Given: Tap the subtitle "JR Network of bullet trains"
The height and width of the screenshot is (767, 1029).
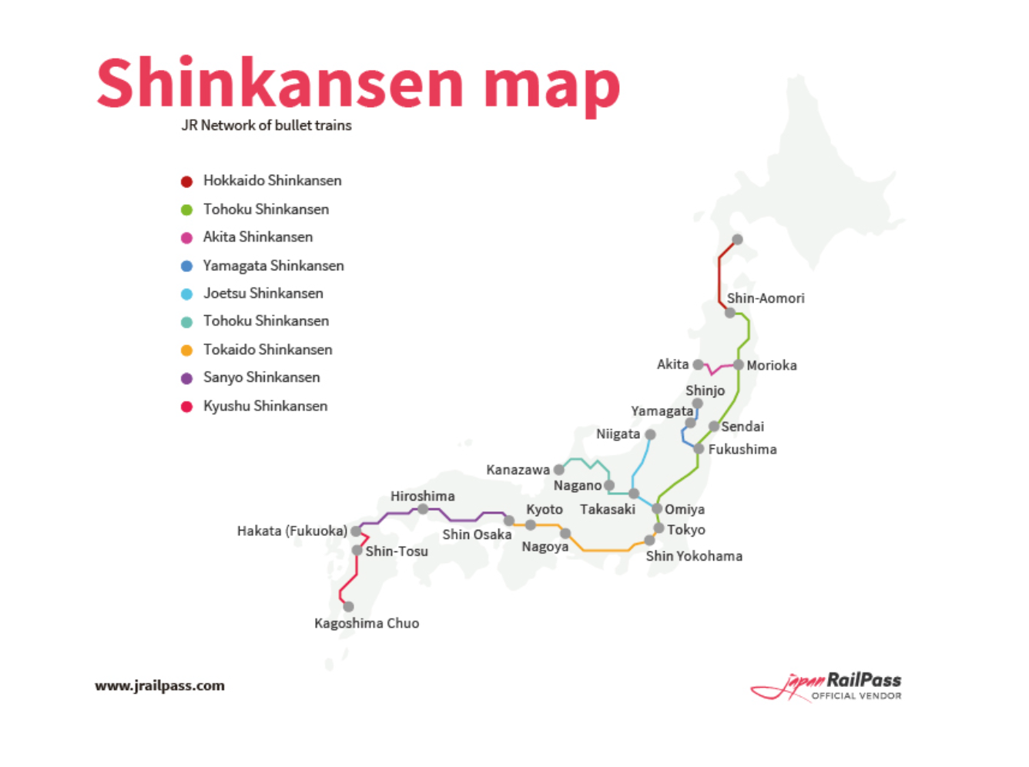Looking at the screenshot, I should (x=266, y=126).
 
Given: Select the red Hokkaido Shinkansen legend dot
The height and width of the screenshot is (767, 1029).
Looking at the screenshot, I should (x=186, y=182).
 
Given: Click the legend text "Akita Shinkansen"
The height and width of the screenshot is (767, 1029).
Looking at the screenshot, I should (x=258, y=237).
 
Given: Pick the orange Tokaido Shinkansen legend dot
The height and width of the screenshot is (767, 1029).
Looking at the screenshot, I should (x=186, y=350).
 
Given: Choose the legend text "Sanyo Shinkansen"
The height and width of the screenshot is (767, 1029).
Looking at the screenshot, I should (x=261, y=377).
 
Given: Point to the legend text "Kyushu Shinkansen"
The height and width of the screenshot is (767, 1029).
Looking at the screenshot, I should (x=265, y=406).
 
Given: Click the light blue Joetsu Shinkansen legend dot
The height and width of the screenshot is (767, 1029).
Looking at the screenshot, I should (x=186, y=294).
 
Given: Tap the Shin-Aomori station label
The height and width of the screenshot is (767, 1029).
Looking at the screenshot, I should (x=766, y=298).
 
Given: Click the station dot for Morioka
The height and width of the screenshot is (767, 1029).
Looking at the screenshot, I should (x=739, y=365).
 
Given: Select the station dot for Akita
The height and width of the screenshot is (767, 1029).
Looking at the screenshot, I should (x=698, y=364).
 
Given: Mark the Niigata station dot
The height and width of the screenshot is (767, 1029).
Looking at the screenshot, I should (x=650, y=434).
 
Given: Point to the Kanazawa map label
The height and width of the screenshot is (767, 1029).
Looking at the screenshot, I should (x=518, y=470).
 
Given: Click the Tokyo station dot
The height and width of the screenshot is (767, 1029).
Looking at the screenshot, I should (x=659, y=528).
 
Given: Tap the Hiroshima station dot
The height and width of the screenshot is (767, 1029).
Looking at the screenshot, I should (x=423, y=509).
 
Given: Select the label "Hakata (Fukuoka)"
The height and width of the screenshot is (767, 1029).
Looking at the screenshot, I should (x=292, y=531).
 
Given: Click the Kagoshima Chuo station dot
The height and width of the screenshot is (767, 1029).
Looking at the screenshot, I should (x=348, y=607).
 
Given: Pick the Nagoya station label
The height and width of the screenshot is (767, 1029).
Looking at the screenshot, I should (x=545, y=547).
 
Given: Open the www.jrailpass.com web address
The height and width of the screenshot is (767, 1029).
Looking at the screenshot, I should (x=160, y=685).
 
